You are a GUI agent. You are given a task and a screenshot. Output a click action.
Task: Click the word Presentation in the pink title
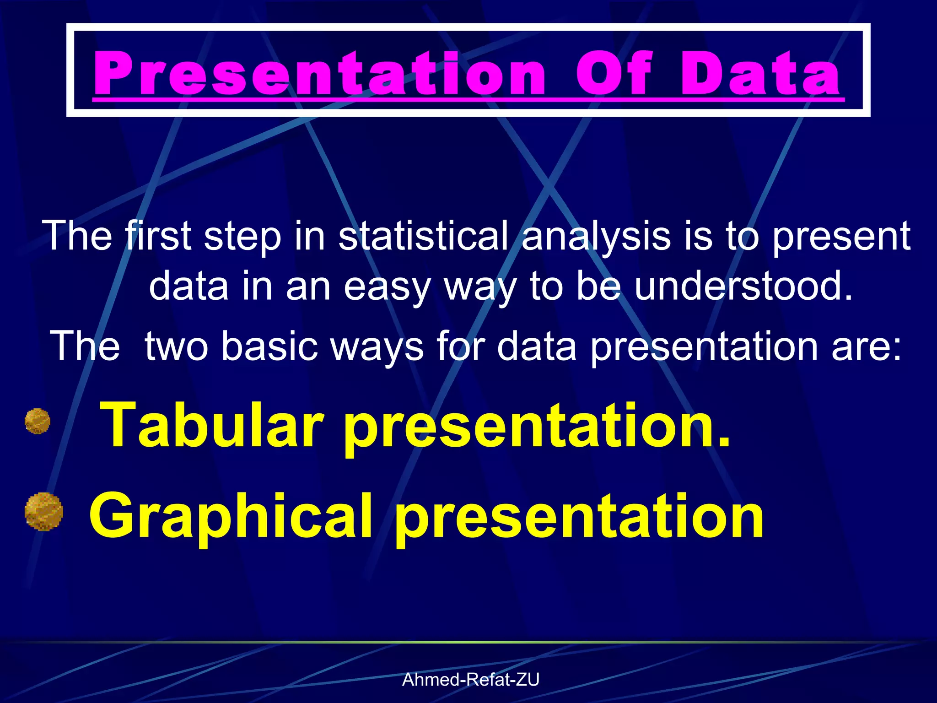pos(319,73)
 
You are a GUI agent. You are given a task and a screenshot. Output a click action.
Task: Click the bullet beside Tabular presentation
pos(38,421)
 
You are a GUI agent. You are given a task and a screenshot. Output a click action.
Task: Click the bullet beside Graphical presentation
pos(44,512)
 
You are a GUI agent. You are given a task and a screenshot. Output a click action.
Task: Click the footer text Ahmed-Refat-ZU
pos(470,680)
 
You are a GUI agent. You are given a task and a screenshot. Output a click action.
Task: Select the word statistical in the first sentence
pos(423,236)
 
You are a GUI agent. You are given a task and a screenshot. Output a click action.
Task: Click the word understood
pos(743,286)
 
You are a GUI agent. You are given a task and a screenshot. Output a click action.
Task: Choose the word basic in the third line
pos(269,346)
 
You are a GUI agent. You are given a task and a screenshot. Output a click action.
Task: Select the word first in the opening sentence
pos(158,236)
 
